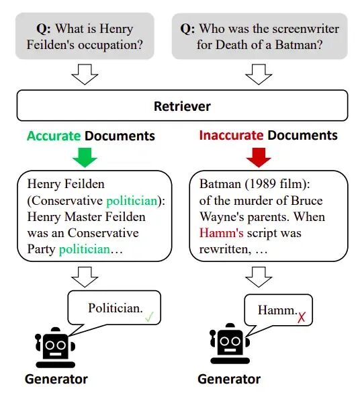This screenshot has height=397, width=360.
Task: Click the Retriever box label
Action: pyautogui.click(x=182, y=106)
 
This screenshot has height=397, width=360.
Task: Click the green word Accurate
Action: pyautogui.click(x=54, y=136)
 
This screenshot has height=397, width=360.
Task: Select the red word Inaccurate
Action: pyautogui.click(x=231, y=135)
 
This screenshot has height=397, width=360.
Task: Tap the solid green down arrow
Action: pyautogui.click(x=85, y=157)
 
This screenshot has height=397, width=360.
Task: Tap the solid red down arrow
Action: pyautogui.click(x=259, y=157)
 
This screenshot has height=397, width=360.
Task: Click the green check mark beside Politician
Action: pyautogui.click(x=149, y=316)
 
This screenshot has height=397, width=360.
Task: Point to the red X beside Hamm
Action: pyautogui.click(x=302, y=317)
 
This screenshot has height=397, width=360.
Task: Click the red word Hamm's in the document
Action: pyautogui.click(x=221, y=233)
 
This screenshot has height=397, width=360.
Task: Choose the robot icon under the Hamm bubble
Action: pyautogui.click(x=230, y=343)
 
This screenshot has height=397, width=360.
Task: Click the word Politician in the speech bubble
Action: pyautogui.click(x=116, y=308)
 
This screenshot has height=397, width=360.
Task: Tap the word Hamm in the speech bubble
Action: pyautogui.click(x=277, y=310)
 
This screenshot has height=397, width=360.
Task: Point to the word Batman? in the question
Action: pyautogui.click(x=299, y=45)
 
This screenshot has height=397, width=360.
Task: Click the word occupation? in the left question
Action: pyautogui.click(x=110, y=45)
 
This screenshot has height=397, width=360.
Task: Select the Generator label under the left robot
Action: pyautogui.click(x=56, y=380)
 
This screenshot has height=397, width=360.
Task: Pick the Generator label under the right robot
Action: pyautogui.click(x=229, y=380)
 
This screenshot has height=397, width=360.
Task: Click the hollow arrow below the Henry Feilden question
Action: pyautogui.click(x=85, y=74)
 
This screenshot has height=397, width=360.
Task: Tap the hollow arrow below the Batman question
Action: pyautogui.click(x=259, y=74)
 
